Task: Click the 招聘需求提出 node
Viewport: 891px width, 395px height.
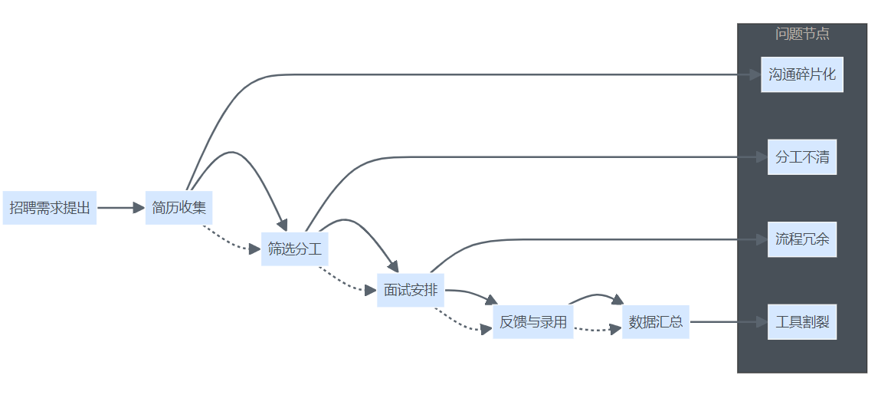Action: [x=50, y=207]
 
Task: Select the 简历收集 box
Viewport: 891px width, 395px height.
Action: [x=179, y=207]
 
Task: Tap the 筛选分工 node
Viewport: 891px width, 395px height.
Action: [x=295, y=249]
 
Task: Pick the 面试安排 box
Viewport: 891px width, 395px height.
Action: [x=411, y=290]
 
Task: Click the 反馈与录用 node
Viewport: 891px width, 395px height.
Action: [x=533, y=322]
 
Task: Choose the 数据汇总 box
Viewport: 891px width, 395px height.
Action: [x=655, y=322]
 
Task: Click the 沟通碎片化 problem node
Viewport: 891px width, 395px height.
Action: [x=802, y=74]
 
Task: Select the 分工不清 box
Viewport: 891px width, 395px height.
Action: [x=802, y=157]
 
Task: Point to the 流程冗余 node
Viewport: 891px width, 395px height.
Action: [x=802, y=239]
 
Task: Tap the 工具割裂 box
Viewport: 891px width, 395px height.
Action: [x=802, y=322]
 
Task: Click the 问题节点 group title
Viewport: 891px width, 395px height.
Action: [x=802, y=34]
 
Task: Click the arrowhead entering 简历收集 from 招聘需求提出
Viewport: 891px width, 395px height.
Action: [x=139, y=207]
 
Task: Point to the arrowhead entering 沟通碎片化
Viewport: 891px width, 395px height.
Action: [x=755, y=74]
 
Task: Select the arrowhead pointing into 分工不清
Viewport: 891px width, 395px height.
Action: [x=762, y=157]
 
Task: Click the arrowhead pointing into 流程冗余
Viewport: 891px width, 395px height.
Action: [x=762, y=239]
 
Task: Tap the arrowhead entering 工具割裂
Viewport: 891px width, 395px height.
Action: [x=762, y=322]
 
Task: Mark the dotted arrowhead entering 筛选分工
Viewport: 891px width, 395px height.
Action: [x=256, y=249]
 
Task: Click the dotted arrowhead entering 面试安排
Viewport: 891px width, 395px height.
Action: [x=372, y=290]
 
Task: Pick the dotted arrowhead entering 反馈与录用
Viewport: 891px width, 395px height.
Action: [x=486, y=329]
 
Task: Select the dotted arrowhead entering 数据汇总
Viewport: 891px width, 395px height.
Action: [x=617, y=329]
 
